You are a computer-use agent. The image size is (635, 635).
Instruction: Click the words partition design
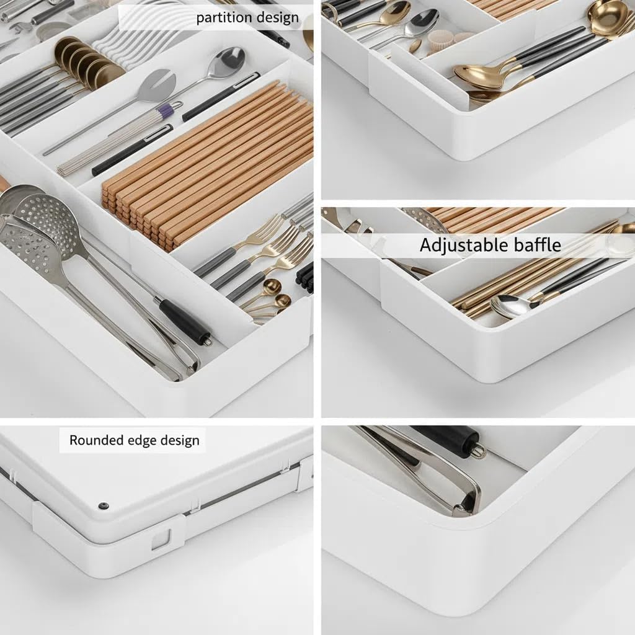click(x=246, y=17)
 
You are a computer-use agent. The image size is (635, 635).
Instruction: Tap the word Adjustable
click(x=460, y=245)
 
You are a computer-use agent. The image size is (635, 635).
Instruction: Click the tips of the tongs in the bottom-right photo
click(x=465, y=505)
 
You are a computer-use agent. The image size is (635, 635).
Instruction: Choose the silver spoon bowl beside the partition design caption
click(x=229, y=62)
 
